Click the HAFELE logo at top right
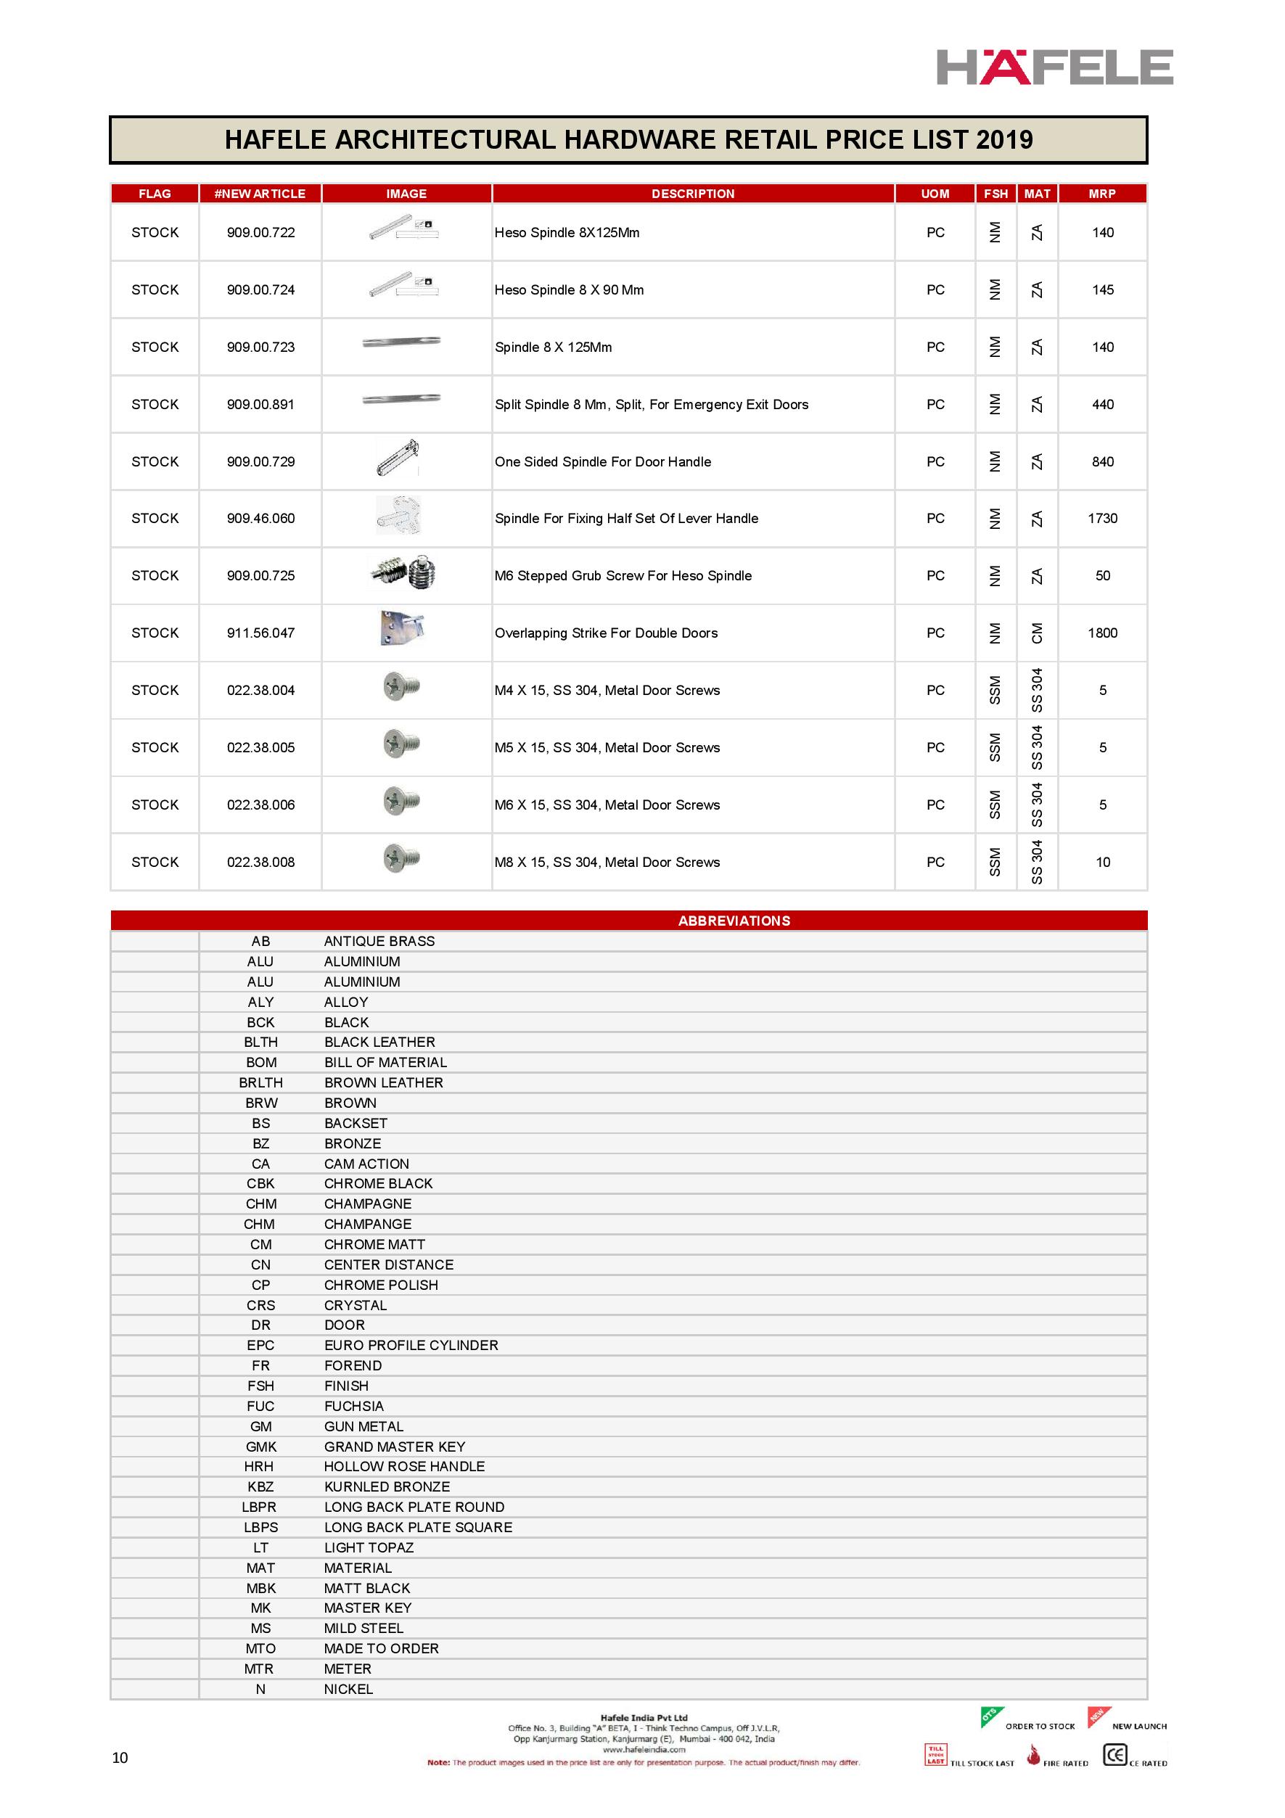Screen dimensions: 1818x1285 coord(1054,67)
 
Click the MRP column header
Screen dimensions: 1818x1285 coord(1101,193)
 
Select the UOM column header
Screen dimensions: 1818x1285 coord(935,193)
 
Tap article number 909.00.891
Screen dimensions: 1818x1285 coord(260,405)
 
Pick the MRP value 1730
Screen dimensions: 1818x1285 coord(1102,519)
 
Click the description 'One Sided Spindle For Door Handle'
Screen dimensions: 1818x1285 coord(602,461)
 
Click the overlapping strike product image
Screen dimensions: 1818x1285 coord(401,629)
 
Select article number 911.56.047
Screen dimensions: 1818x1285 coord(260,633)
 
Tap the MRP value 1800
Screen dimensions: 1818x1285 coord(1102,633)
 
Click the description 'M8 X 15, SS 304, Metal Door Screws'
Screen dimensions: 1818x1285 coord(607,863)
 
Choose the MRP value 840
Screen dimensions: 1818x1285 coord(1102,461)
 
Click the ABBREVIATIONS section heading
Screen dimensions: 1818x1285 coord(734,921)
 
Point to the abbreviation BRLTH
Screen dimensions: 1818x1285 coord(260,1082)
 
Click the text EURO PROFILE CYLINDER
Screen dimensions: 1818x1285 coord(411,1345)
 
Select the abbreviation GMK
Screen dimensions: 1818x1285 coord(260,1447)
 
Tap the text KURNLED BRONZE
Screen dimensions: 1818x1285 coord(387,1487)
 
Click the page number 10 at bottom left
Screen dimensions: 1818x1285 coord(120,1758)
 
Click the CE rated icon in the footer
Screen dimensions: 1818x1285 coord(1114,1755)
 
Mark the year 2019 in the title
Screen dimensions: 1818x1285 coord(1004,140)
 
